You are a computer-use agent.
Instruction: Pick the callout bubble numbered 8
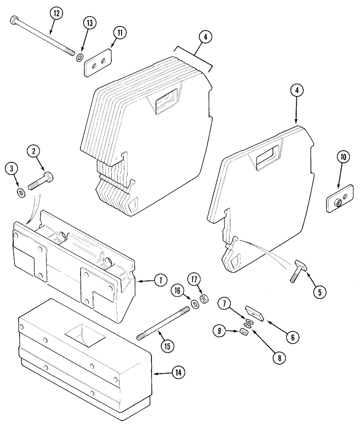point(279,358)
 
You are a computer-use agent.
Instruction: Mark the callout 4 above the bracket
point(205,38)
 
